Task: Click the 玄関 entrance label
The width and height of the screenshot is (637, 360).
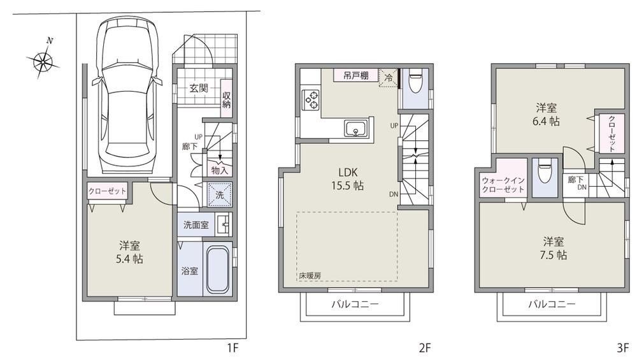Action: click(199, 89)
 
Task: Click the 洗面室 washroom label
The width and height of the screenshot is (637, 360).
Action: click(196, 224)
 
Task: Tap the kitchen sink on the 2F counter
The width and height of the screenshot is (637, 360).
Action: click(355, 129)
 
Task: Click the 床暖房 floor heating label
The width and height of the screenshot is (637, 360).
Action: click(310, 275)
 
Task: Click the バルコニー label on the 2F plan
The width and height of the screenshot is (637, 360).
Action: click(354, 304)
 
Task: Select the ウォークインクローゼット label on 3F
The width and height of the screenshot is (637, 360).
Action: click(503, 184)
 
